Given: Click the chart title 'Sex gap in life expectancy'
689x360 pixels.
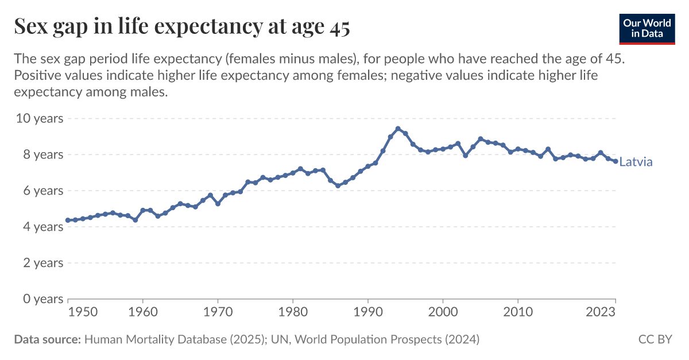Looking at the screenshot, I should click(x=181, y=27).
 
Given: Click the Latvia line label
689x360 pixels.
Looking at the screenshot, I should click(x=636, y=162).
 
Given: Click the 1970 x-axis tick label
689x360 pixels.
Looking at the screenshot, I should click(x=218, y=312).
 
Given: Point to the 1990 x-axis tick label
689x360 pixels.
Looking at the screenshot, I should click(x=368, y=312).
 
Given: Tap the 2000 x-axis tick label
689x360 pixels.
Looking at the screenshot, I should click(x=443, y=312).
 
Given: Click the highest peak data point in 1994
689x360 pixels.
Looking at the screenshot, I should click(x=398, y=129).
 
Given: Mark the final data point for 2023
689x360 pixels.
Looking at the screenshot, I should click(x=616, y=161).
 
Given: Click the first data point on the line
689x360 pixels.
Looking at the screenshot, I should click(x=68, y=220).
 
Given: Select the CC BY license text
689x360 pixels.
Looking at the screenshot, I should click(x=655, y=339).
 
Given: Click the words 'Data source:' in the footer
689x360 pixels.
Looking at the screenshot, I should click(x=47, y=339).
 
